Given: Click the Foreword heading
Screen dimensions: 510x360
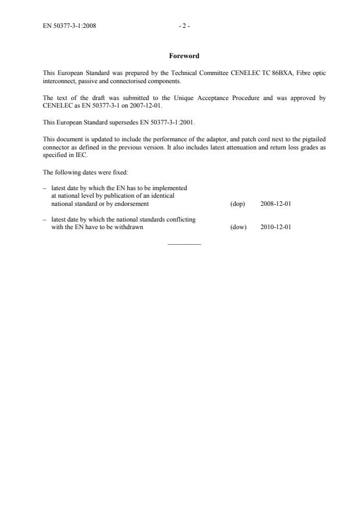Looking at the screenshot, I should (184, 56).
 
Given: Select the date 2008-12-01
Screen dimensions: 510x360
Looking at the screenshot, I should (276, 204).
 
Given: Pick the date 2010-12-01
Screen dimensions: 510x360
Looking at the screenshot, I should (276, 227).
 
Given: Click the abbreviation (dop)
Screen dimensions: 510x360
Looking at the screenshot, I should (237, 204).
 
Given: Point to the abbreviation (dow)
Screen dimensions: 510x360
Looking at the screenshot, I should (238, 227).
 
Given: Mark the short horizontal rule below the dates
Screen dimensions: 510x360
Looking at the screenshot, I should (184, 244).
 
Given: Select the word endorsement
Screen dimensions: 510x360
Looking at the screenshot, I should (133, 204).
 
